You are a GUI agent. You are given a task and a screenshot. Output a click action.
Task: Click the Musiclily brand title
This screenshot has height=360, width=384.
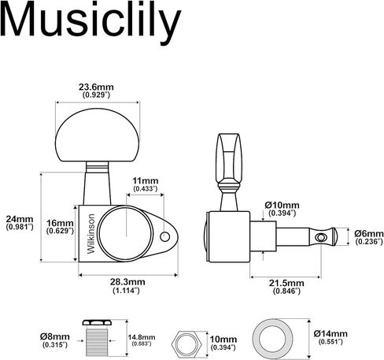pos(90,22)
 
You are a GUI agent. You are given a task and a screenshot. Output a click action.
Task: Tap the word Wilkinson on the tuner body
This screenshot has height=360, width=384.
pos(90,234)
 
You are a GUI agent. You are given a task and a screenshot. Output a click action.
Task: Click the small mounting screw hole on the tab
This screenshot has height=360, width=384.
pos(164,237)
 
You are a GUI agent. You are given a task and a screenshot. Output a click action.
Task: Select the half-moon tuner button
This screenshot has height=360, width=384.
pos(97,135)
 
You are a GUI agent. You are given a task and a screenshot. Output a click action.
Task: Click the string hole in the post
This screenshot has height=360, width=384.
pos(320,237)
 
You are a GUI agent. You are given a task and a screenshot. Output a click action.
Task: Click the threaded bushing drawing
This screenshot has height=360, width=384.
pos(97,338)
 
